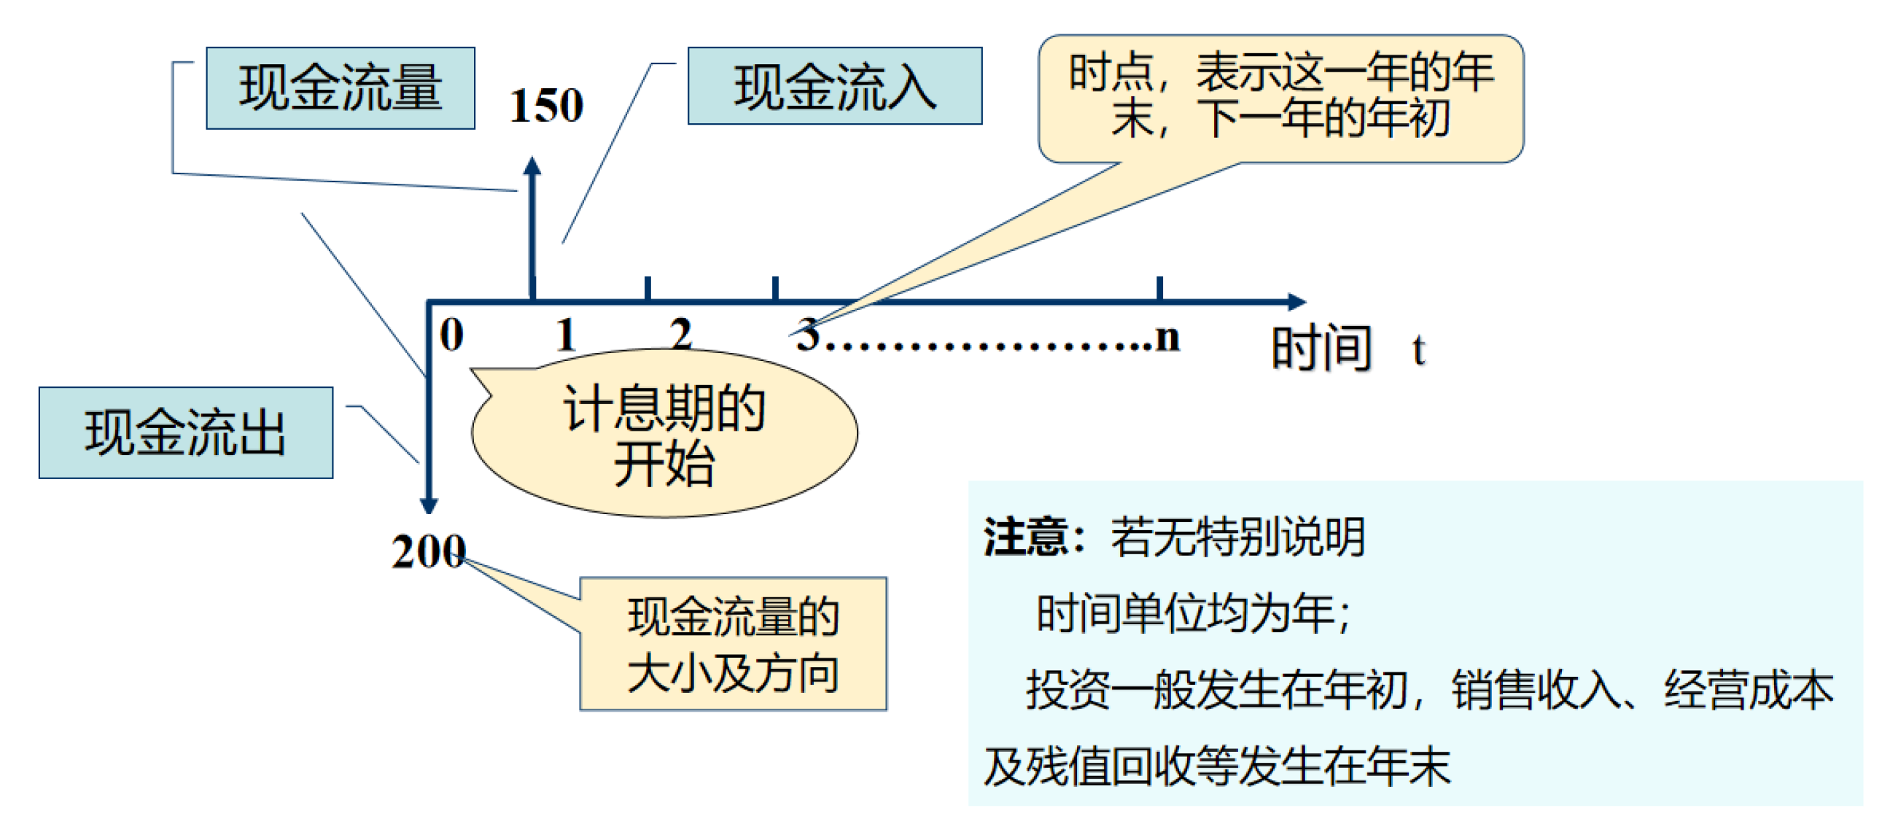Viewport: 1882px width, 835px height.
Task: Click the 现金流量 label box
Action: [341, 88]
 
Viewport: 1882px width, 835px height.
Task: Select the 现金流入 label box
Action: [834, 86]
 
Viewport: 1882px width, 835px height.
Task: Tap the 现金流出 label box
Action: [185, 432]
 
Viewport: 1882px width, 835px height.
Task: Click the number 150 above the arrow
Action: [545, 105]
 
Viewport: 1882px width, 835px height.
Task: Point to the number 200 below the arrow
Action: [428, 551]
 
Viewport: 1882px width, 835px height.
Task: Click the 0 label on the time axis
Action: [451, 335]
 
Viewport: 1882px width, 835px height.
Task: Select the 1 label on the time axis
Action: [566, 335]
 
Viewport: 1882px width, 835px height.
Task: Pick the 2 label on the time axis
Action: [681, 335]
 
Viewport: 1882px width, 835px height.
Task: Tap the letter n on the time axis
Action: [1167, 338]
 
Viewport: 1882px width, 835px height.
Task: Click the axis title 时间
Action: [1321, 349]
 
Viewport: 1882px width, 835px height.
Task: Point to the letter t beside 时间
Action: [1418, 350]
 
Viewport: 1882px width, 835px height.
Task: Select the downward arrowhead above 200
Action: [429, 505]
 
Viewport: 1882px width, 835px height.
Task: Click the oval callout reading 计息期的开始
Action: [665, 435]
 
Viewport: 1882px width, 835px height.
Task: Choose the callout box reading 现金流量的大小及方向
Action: [733, 644]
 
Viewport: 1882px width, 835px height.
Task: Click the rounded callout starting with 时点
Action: [1280, 98]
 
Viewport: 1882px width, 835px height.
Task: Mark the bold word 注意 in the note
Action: [1025, 537]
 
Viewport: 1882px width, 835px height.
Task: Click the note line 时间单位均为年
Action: [1192, 613]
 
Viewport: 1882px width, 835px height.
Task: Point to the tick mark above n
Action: [1159, 288]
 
